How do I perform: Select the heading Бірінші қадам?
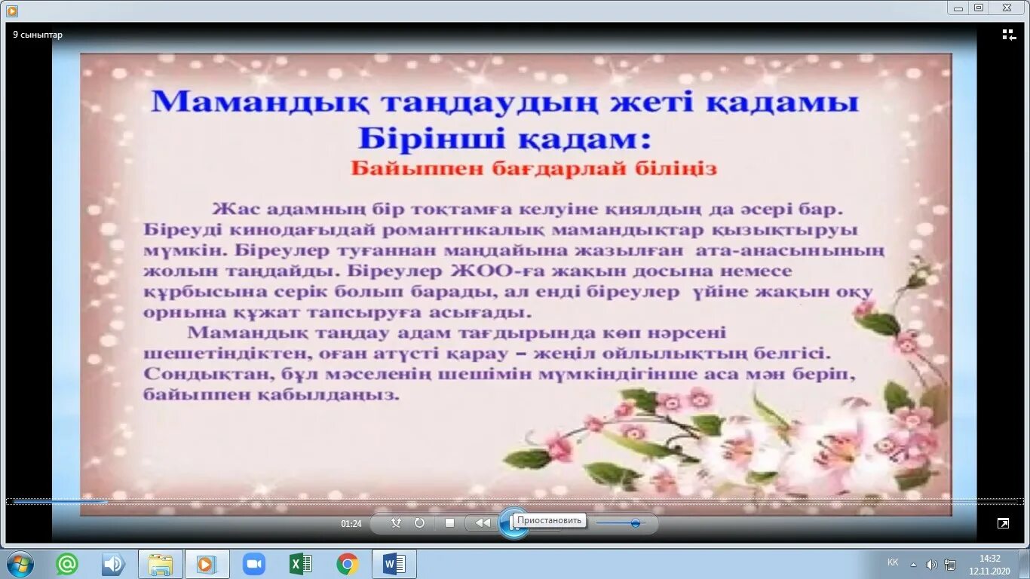coord(504,138)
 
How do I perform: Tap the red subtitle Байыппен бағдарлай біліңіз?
coord(534,169)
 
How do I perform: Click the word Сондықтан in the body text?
coord(192,374)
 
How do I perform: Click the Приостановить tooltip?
coord(550,520)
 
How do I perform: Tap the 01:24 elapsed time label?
coord(351,523)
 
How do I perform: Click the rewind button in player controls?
coord(483,522)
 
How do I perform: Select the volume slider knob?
coord(636,522)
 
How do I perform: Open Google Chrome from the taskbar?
coord(348,564)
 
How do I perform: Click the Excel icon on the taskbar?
coord(301,564)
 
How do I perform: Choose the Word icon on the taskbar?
coord(394,564)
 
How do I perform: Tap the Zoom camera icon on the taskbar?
coord(254,564)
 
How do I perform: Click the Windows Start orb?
coord(20,564)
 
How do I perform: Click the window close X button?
coord(1006,8)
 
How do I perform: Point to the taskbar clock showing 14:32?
coord(989,559)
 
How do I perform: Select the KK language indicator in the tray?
coord(893,562)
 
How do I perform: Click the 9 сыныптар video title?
coord(38,35)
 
